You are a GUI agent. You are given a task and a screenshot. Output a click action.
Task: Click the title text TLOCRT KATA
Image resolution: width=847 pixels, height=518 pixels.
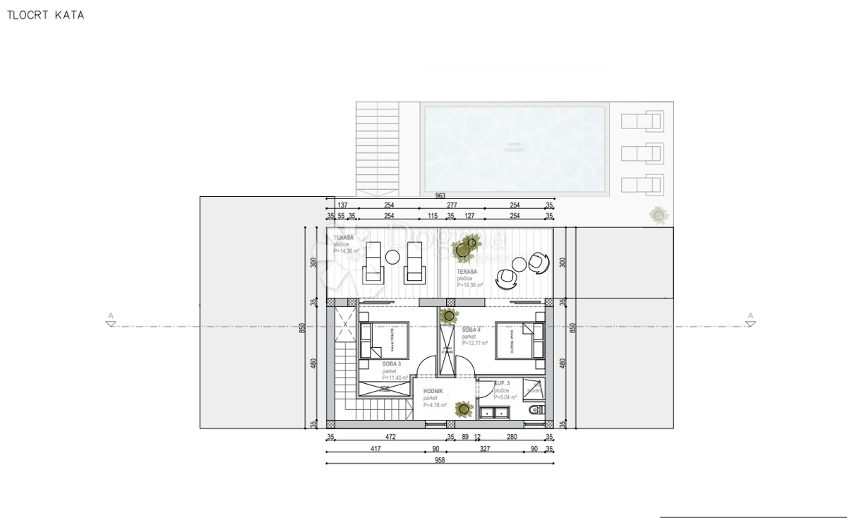click(46, 15)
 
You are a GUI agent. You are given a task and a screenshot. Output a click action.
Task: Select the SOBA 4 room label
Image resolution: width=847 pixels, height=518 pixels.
click(471, 330)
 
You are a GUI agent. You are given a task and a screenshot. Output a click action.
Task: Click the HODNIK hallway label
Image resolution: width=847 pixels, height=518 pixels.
click(433, 391)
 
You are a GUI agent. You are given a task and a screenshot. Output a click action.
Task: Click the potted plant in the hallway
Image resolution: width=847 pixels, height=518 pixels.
click(464, 408)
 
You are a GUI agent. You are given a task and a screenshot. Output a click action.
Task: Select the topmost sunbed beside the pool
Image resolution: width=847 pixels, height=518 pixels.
click(642, 121)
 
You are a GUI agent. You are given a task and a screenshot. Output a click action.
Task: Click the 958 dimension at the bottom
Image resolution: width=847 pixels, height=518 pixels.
click(440, 459)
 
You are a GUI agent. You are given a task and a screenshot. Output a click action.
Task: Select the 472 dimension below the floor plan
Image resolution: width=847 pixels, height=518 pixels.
click(390, 437)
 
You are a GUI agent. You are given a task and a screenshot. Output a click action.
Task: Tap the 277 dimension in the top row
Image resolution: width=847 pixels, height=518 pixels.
click(452, 205)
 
